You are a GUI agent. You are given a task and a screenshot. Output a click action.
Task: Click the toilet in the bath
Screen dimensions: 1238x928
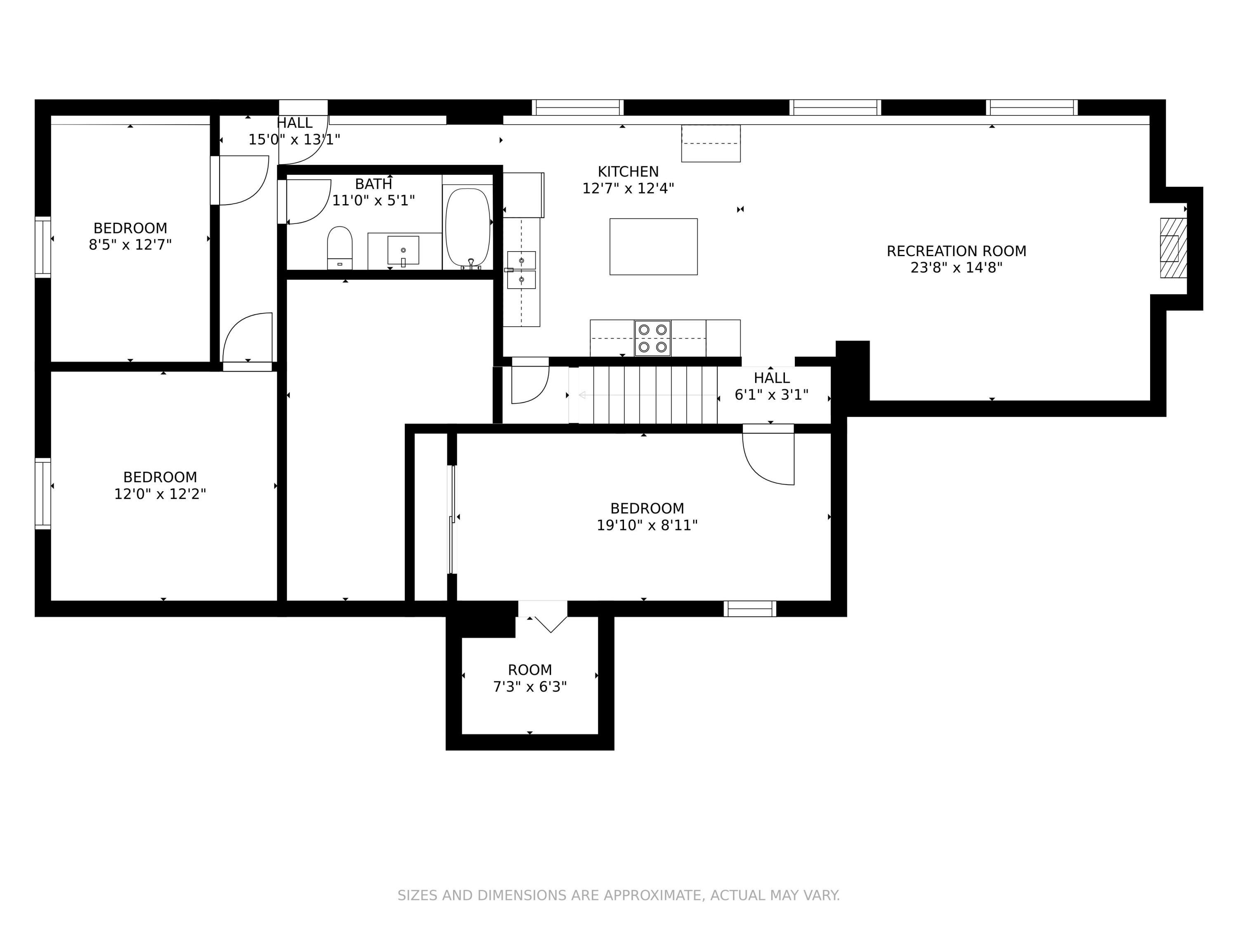340,248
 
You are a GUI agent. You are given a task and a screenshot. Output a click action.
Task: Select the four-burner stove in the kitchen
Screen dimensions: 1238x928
652,338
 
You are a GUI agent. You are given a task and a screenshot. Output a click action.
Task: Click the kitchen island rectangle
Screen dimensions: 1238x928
653,247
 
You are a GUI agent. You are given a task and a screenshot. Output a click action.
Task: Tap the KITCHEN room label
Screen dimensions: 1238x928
628,172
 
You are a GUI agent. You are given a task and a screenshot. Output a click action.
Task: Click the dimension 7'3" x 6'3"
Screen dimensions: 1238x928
529,687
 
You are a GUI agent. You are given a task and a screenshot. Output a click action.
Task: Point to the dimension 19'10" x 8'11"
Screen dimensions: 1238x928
647,525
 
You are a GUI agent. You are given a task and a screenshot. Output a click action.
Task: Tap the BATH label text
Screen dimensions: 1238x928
373,184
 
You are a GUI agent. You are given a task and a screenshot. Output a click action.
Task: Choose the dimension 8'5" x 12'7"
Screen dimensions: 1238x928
130,245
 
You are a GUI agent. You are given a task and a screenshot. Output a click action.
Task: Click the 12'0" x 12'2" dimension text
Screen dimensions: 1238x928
160,495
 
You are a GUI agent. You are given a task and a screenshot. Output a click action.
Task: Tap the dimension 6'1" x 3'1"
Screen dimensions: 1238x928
771,396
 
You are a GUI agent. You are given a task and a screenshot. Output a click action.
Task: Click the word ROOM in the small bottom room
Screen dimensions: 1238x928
529,670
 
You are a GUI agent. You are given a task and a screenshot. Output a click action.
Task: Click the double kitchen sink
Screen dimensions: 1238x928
521,270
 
